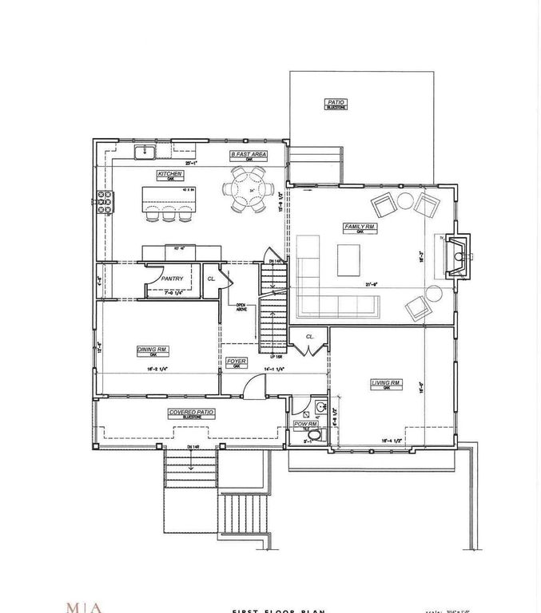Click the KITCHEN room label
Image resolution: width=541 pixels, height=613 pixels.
click(x=170, y=173)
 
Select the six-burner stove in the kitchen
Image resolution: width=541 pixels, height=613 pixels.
click(x=105, y=203)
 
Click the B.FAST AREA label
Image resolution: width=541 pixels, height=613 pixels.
click(x=249, y=153)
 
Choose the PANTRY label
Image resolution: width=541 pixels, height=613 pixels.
click(x=172, y=279)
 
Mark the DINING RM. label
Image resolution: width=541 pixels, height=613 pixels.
click(x=152, y=349)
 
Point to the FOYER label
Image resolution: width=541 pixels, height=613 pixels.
click(x=236, y=361)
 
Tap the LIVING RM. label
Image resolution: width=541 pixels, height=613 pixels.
click(x=385, y=384)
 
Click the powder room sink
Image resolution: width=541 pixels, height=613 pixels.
click(x=318, y=408)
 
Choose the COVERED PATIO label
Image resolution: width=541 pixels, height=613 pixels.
click(x=187, y=412)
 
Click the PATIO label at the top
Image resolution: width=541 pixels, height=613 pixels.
click(x=334, y=102)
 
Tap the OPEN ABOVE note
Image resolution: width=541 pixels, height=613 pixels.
click(x=240, y=306)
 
